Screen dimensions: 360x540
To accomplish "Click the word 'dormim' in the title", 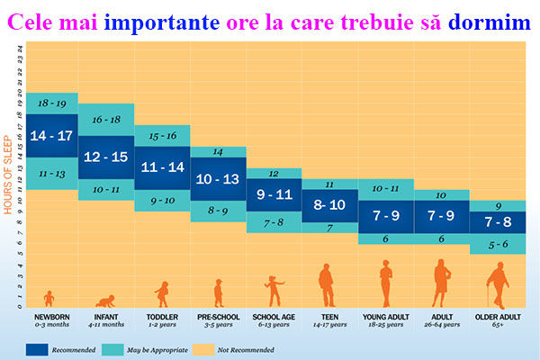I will [x=494, y=19].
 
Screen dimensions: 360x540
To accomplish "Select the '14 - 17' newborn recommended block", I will [x=52, y=137].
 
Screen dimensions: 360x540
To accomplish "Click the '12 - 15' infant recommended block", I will [x=106, y=156].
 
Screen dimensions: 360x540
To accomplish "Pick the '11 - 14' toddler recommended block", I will [x=162, y=166].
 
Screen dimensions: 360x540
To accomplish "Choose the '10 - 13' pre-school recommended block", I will [x=218, y=178].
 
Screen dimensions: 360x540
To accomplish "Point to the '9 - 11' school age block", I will [x=274, y=193].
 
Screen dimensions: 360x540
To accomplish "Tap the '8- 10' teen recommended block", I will [x=329, y=205].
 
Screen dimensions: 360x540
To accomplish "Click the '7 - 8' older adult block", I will [x=498, y=222].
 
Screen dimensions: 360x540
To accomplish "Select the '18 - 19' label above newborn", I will [x=52, y=103].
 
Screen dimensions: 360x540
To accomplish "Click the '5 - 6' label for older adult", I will [x=498, y=243].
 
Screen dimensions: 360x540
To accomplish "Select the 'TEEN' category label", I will [x=329, y=318].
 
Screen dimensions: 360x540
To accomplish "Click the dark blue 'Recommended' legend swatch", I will [x=40, y=348].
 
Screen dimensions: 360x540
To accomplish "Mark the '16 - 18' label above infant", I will [x=106, y=119].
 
